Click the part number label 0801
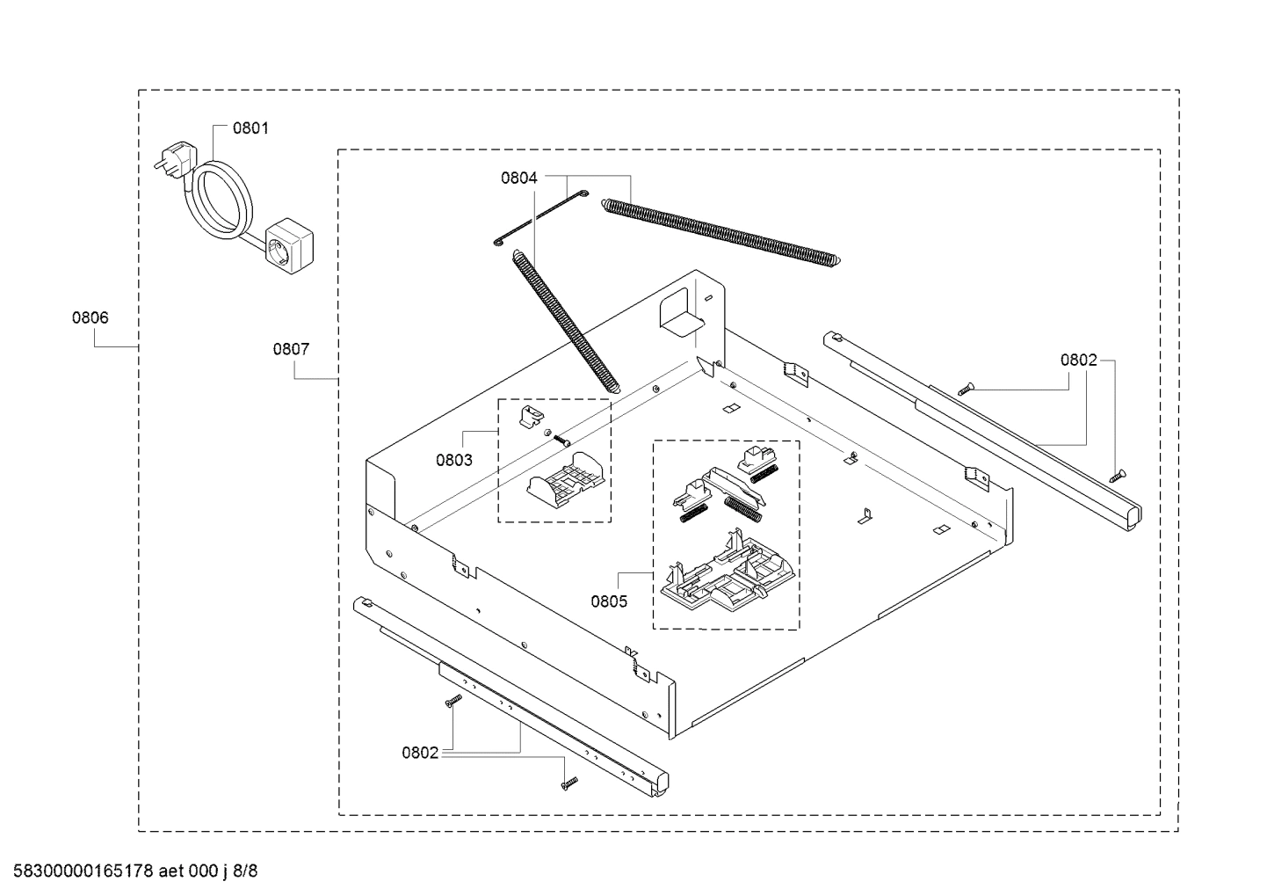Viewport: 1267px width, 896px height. (250, 128)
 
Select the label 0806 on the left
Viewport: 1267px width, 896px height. (90, 318)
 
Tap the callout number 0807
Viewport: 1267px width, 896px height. (291, 349)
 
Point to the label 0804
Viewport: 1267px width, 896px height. (518, 178)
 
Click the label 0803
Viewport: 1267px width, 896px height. (453, 460)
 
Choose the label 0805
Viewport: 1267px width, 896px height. (609, 601)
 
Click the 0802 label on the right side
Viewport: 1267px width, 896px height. (1078, 360)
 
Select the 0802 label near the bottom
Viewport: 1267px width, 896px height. (420, 753)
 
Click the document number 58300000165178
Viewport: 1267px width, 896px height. (79, 871)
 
